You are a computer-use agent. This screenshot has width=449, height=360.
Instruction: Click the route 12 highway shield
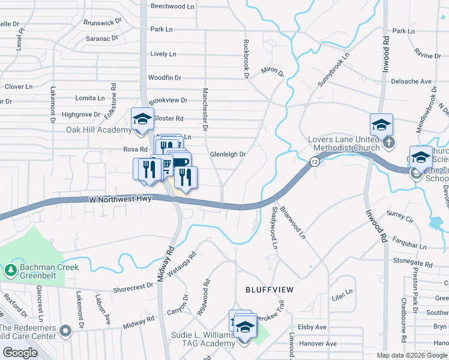(314, 161)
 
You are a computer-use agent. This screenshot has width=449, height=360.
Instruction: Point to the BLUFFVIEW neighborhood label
(270, 289)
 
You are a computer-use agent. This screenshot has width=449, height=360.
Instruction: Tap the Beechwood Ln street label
(173, 6)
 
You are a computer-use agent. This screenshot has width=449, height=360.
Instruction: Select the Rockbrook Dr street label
(246, 59)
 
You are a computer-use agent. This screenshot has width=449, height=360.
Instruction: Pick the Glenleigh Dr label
(228, 154)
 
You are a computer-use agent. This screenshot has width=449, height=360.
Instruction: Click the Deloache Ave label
(411, 81)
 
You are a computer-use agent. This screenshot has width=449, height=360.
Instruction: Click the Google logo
(20, 353)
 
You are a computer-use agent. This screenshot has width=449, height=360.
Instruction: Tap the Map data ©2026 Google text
(412, 355)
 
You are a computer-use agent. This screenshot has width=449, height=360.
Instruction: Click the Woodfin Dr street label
(164, 77)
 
